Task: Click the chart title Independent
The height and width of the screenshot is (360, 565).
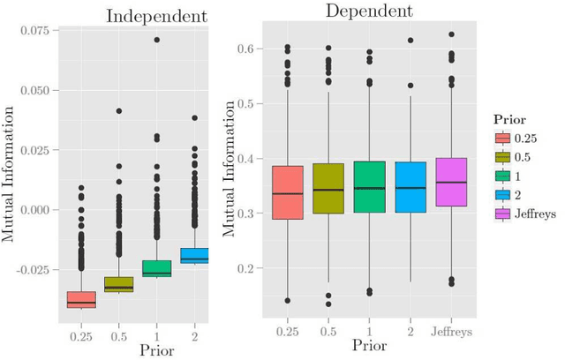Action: [156, 16]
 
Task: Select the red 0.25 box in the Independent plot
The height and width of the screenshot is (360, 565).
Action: [81, 299]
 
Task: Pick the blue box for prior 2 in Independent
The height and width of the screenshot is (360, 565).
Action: [195, 255]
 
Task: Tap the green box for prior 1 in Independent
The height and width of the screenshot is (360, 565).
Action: [157, 268]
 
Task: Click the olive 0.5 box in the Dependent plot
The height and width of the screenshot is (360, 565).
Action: [328, 188]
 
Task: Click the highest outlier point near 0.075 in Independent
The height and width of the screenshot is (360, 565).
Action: [157, 40]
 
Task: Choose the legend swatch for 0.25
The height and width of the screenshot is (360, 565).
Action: [502, 138]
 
